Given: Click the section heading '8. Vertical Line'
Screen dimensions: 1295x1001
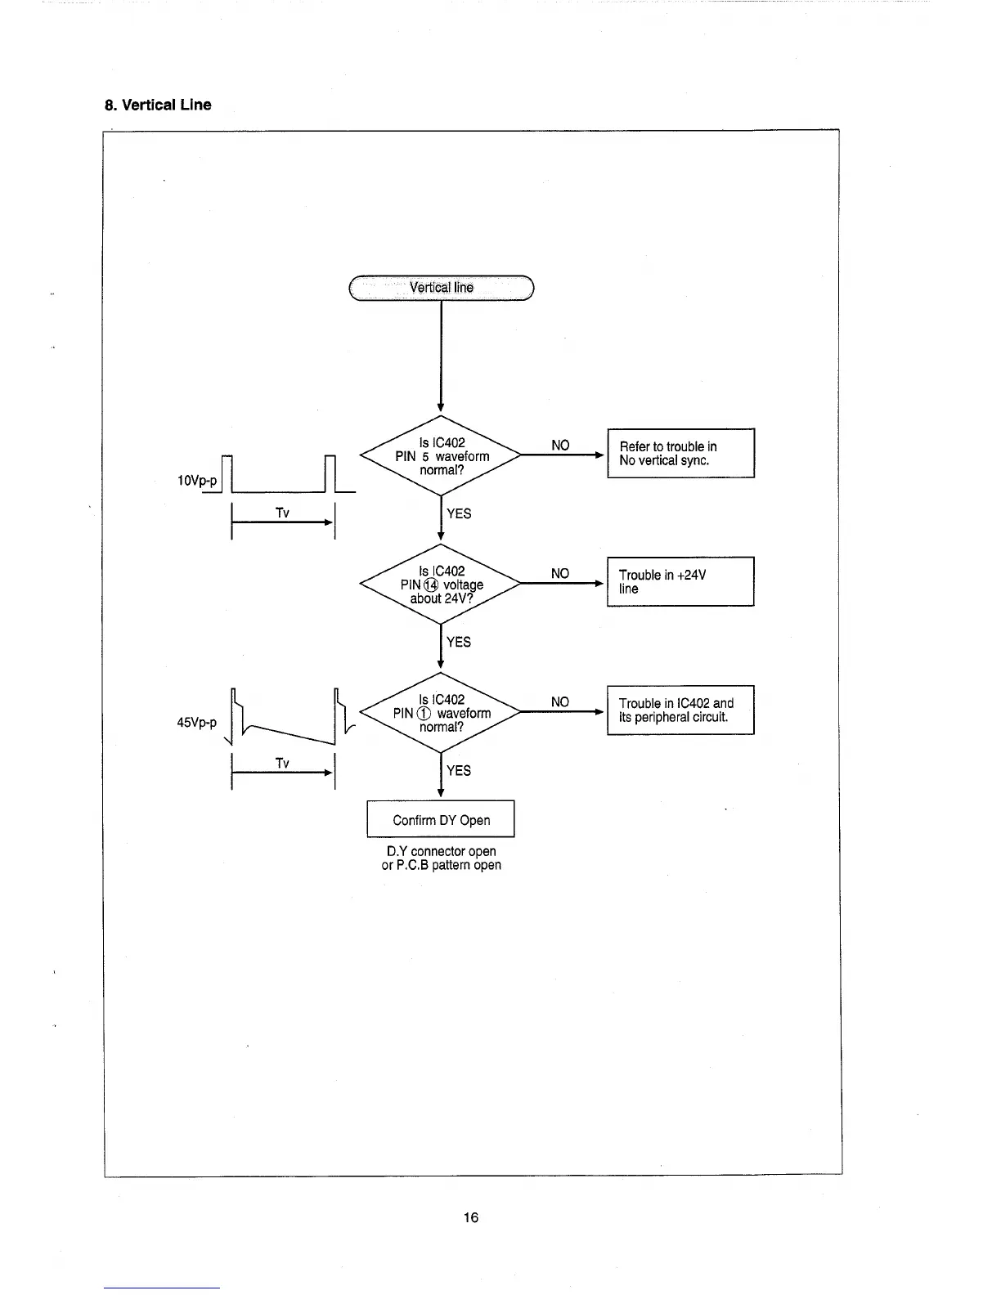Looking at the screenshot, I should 158,105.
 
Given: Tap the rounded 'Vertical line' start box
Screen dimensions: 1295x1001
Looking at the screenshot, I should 442,288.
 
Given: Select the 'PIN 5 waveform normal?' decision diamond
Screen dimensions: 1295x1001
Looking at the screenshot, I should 442,456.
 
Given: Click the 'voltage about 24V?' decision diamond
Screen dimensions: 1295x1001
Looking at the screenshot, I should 442,585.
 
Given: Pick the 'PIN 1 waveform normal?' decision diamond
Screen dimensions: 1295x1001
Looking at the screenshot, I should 442,713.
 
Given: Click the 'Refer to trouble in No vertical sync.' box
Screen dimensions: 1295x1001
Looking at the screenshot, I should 680,453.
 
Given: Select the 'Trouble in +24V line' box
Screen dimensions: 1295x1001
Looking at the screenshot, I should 680,581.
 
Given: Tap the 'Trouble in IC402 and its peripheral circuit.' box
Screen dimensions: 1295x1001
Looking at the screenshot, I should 680,710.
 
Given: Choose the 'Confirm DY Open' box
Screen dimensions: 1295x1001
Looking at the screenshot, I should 441,819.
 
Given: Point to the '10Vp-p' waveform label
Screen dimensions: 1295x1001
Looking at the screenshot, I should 197,480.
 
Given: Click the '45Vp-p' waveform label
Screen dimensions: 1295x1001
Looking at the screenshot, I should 197,723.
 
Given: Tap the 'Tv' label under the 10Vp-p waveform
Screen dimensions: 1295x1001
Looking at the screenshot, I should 282,513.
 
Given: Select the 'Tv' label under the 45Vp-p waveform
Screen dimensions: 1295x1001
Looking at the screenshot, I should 282,763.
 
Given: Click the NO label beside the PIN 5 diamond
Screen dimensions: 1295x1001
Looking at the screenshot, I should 560,446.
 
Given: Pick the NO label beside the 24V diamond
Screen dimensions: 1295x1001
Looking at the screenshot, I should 560,574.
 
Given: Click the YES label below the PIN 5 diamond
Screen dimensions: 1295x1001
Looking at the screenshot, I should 459,513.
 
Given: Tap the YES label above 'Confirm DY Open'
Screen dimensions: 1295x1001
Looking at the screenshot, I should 459,770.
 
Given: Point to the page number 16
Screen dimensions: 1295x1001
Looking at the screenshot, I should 471,1217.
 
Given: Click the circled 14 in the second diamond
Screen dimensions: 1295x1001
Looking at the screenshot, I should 431,585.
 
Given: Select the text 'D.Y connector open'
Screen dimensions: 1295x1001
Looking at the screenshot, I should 442,851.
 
